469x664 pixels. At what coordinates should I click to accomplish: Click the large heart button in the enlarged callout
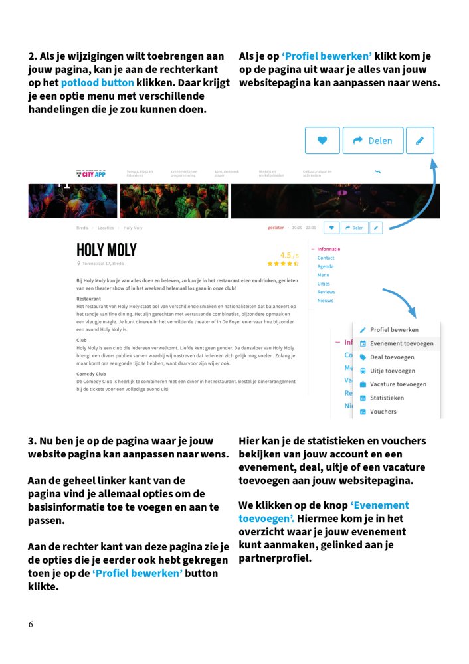322,141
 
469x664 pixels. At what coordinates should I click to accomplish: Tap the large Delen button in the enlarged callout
373,141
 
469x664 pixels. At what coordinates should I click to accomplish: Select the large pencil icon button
420,141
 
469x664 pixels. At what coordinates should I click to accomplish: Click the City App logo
91,173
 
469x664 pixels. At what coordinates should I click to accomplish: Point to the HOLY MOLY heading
106,250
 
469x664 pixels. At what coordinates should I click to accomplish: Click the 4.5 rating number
286,255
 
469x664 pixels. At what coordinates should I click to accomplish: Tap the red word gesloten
276,228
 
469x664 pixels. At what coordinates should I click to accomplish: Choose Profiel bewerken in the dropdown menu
393,330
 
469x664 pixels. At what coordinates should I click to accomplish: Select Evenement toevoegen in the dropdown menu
401,343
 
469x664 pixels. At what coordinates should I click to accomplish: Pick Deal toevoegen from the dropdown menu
392,357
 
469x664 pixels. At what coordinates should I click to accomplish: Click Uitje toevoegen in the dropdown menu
392,371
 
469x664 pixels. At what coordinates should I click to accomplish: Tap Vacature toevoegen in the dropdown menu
398,384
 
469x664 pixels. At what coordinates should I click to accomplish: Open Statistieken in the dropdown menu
387,398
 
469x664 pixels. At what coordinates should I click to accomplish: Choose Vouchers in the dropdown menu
383,412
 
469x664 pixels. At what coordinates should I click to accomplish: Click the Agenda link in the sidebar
326,266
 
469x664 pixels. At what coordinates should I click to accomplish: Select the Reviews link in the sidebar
326,292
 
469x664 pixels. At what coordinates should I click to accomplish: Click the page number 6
31,625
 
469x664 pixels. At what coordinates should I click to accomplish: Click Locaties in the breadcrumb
106,228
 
